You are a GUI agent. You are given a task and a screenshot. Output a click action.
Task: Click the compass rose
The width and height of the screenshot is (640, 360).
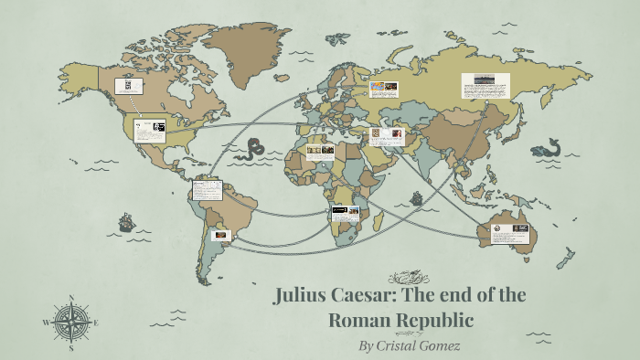pyautogui.click(x=71, y=322)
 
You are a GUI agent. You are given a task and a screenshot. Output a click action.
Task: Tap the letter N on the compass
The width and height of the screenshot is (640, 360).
pyautogui.click(x=71, y=297)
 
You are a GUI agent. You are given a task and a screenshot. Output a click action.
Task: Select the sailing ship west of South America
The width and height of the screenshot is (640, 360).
pyautogui.click(x=126, y=222)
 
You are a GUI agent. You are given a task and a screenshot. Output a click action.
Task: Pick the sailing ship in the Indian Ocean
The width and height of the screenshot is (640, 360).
pyautogui.click(x=417, y=197)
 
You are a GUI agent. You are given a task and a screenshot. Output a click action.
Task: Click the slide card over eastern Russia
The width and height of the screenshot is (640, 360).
pyautogui.click(x=485, y=86)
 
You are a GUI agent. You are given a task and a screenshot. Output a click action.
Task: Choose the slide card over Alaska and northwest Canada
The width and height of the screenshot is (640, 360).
pyautogui.click(x=129, y=87)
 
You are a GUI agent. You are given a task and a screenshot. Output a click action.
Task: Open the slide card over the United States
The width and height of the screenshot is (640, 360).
pyautogui.click(x=150, y=130)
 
